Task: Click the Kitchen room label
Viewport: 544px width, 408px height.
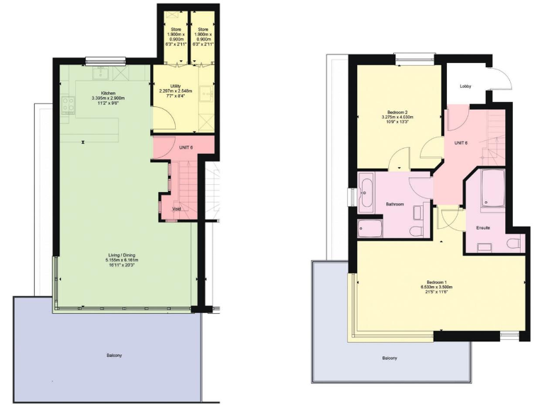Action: coord(108,93)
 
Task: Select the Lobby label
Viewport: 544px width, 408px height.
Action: coord(465,86)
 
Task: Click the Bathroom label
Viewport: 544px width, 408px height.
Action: coord(395,204)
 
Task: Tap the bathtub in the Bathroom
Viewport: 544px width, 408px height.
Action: coord(368,193)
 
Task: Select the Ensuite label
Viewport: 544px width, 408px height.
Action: coord(484,228)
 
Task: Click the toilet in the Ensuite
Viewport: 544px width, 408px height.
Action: coord(514,243)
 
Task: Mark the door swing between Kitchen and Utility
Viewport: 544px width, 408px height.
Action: coord(164,119)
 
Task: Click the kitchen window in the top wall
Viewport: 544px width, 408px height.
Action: coord(106,60)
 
